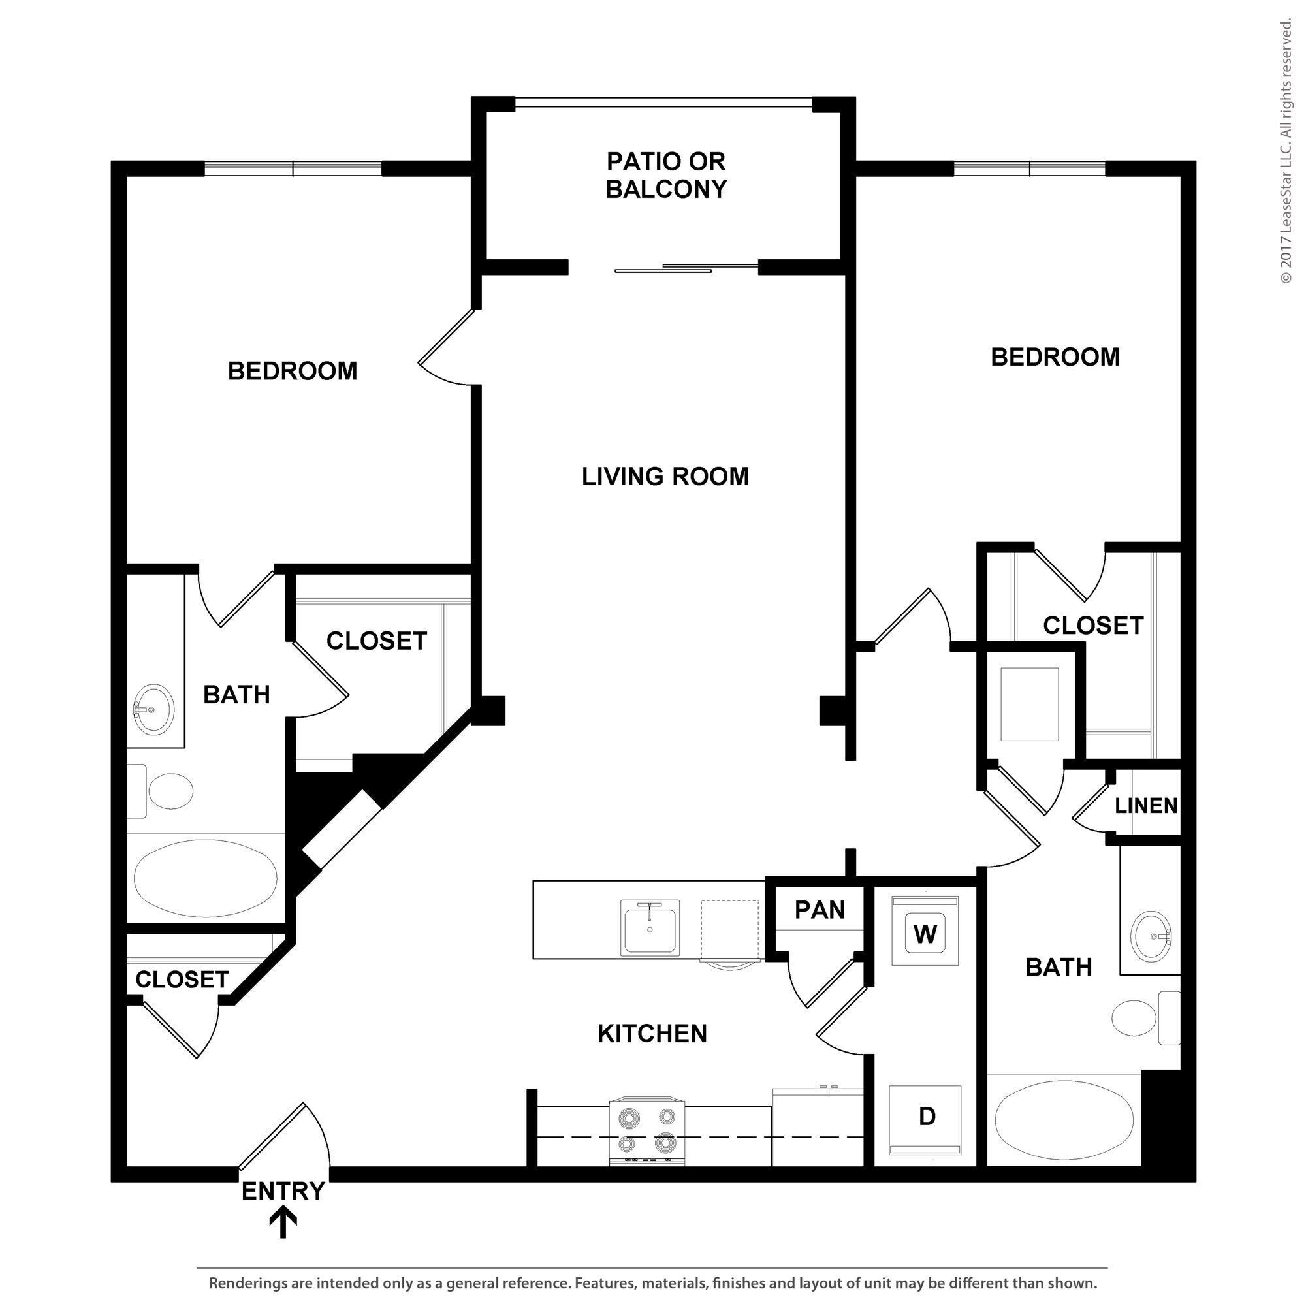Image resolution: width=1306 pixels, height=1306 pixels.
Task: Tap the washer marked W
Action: (x=925, y=934)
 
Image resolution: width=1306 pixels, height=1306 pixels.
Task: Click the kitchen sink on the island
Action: (x=650, y=928)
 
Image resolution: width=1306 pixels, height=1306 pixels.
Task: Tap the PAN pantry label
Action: (x=820, y=910)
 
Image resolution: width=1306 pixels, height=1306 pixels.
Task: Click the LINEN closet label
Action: (x=1146, y=806)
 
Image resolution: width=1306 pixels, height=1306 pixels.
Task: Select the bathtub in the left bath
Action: (x=206, y=878)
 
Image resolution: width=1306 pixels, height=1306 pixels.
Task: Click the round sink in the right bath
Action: (x=1153, y=936)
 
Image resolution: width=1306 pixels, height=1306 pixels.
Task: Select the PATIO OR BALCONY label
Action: (x=665, y=175)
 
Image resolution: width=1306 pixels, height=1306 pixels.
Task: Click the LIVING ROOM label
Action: (x=665, y=477)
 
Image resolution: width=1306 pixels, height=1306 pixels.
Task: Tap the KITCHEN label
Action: (x=652, y=1034)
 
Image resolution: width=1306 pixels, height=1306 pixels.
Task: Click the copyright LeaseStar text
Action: (x=1285, y=152)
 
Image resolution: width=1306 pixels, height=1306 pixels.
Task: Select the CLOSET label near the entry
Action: (x=182, y=979)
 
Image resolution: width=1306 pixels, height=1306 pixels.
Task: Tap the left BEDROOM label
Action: (x=292, y=371)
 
